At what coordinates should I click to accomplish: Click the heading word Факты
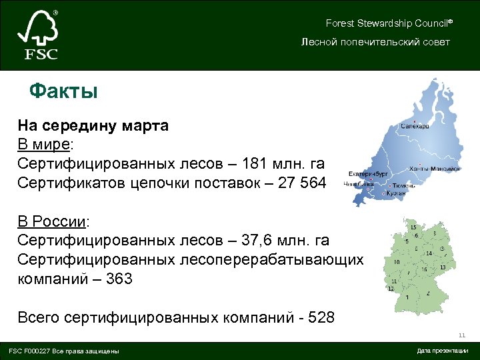pos(64,91)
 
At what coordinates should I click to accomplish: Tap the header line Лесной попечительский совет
pos(375,42)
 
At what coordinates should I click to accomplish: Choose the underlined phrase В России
pos(53,221)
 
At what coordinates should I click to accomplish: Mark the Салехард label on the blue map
pos(415,126)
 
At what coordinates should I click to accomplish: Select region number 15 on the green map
pos(414,227)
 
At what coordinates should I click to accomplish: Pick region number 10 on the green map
pos(397,262)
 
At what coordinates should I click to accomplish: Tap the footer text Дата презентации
pos(442,351)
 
